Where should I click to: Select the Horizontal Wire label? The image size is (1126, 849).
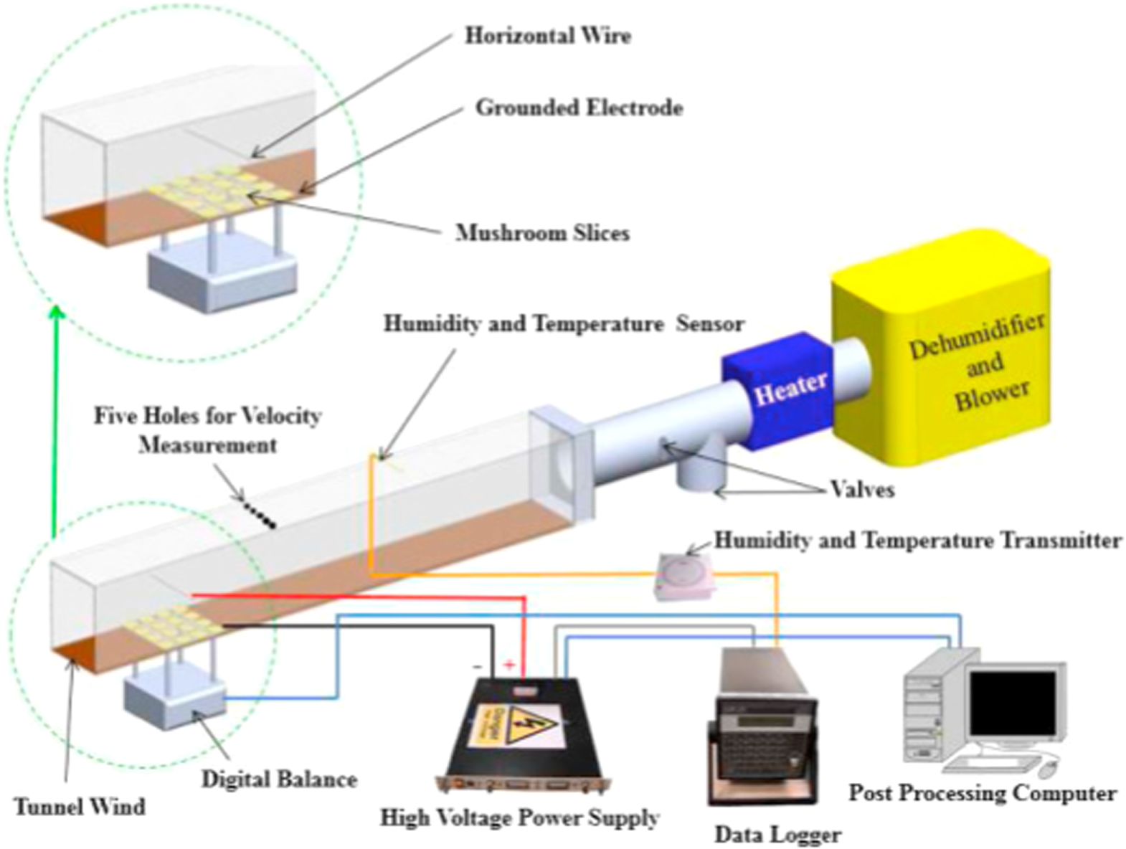click(x=548, y=36)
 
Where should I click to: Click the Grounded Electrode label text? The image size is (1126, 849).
click(x=579, y=108)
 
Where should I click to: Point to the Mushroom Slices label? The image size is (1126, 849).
click(x=542, y=233)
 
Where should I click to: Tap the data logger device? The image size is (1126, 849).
click(x=762, y=731)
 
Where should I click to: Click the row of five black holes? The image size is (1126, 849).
click(x=259, y=513)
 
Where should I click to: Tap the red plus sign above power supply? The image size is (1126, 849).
click(x=509, y=665)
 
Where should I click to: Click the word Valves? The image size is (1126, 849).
click(x=862, y=490)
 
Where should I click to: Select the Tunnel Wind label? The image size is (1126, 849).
click(x=80, y=807)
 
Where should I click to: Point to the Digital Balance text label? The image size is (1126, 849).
click(x=279, y=779)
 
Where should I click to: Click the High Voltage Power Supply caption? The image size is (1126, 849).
click(x=519, y=817)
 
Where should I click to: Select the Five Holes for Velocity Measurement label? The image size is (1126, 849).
click(x=208, y=430)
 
